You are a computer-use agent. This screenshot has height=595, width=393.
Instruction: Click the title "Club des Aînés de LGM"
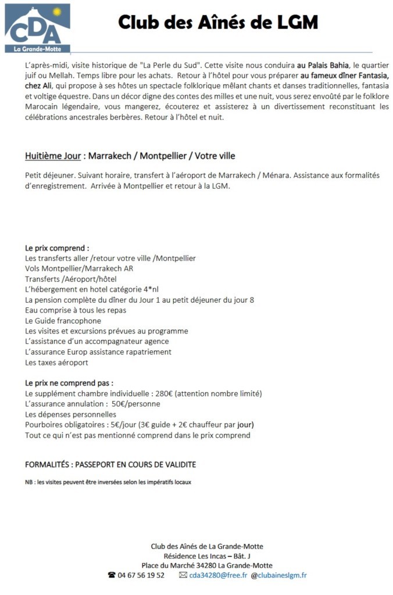click(218, 23)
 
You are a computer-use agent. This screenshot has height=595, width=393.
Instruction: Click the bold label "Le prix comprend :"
click(57, 248)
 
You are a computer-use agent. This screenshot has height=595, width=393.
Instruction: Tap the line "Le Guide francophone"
click(63, 321)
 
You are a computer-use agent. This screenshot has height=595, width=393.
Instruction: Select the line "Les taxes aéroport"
click(56, 363)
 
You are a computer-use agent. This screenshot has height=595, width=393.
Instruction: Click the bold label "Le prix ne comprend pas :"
click(69, 383)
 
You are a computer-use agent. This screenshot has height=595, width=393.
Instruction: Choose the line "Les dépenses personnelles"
click(70, 415)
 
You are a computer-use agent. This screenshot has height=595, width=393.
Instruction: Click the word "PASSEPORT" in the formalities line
click(98, 465)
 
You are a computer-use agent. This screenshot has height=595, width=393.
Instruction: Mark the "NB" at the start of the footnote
click(29, 482)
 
